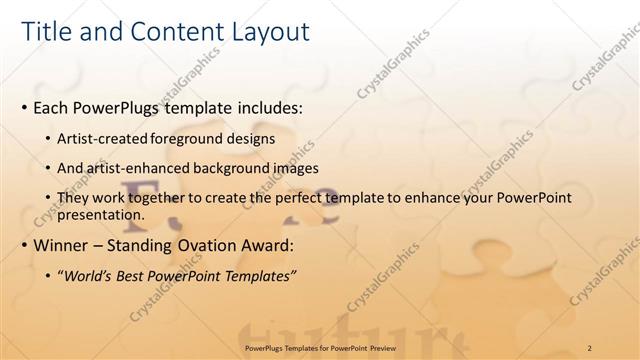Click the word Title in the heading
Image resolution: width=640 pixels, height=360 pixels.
(45, 32)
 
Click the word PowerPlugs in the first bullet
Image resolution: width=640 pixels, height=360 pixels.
(123, 106)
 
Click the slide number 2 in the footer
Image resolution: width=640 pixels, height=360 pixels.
(589, 347)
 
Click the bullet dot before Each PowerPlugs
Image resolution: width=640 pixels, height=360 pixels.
(24, 107)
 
